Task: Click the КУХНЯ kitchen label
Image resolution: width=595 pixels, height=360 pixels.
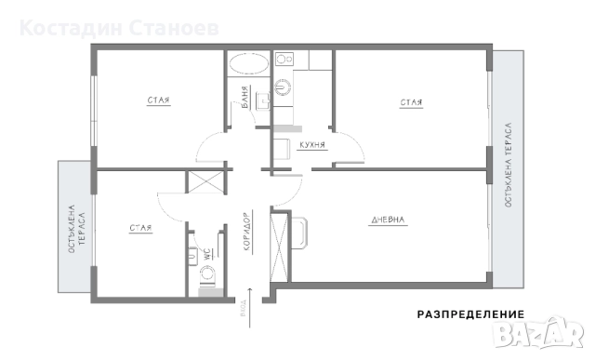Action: point(311,145)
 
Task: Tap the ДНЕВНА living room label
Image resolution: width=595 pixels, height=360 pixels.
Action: point(389,220)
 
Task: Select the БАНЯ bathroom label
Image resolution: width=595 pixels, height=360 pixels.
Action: point(245,103)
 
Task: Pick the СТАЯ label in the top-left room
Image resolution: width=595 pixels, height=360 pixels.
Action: point(158,100)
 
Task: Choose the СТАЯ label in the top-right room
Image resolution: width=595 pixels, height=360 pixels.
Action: point(412,102)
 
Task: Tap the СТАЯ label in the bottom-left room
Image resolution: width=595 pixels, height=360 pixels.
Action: point(140,227)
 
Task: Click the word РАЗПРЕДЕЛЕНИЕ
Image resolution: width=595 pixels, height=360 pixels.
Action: point(469,314)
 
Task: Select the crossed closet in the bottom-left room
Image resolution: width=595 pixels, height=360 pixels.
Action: point(205,181)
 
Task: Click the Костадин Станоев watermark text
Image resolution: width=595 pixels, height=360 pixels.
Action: point(119,27)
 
